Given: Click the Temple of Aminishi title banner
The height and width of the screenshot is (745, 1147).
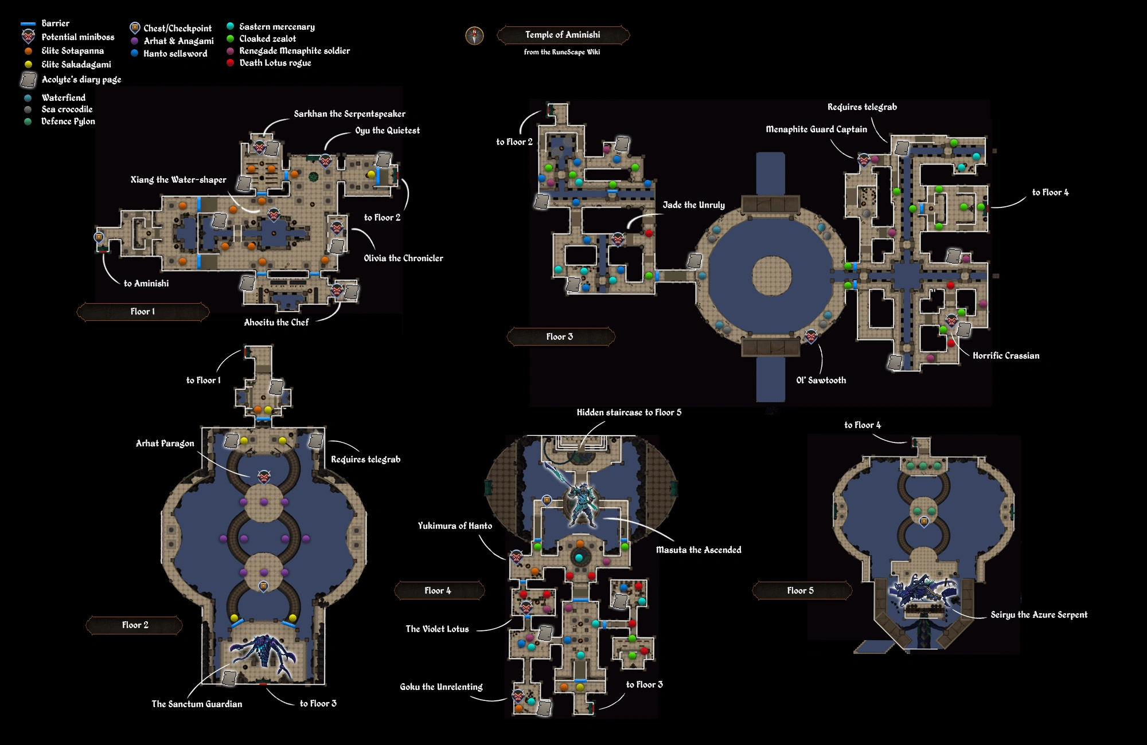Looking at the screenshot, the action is [x=563, y=35].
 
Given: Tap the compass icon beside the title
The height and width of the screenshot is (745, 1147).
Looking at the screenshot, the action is [x=474, y=36].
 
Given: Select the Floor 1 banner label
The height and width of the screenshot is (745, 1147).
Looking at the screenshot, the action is [x=143, y=312].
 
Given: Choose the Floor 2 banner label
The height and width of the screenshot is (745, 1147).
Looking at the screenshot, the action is [x=135, y=625].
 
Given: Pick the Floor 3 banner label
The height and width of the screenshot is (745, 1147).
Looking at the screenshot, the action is [x=560, y=337].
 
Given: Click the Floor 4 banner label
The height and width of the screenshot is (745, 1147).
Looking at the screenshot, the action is [x=438, y=591].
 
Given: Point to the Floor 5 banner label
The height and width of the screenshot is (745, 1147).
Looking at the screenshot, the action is [x=801, y=591].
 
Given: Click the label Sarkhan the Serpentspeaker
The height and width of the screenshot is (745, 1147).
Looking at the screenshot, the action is [x=349, y=114].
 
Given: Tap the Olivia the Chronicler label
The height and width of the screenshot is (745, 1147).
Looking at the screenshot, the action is [x=403, y=258].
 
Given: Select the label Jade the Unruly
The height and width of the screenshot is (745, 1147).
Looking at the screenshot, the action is [x=693, y=205].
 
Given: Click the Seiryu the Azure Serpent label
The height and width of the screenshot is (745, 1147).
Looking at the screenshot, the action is [x=1039, y=615].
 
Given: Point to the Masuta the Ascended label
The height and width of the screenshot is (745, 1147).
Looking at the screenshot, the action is [x=699, y=550].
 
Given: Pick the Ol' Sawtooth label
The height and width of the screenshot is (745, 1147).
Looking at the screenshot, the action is [x=821, y=381].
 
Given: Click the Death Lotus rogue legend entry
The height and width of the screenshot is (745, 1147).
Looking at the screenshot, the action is [x=275, y=63].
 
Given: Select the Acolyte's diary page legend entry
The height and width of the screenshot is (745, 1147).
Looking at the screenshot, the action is [x=81, y=80].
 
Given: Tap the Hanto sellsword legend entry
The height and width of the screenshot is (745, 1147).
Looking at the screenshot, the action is [x=175, y=54].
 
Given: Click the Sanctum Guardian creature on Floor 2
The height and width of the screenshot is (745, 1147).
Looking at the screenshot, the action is [x=264, y=653].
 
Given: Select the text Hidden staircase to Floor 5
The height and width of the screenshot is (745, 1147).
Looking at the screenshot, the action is [x=629, y=413].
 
